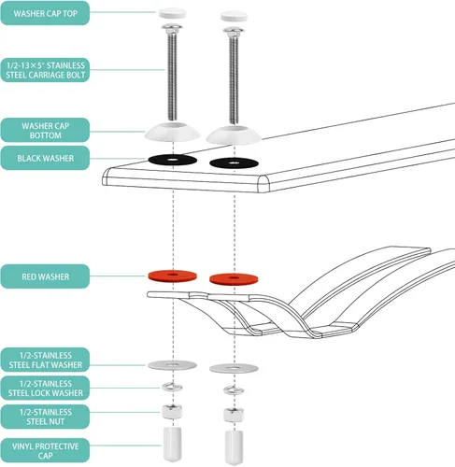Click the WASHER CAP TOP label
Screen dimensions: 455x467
coord(45,13)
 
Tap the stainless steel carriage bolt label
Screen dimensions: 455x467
coord(45,70)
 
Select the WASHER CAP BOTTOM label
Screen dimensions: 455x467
coord(45,131)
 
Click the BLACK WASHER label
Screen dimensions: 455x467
coord(45,158)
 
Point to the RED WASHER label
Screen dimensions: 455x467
coord(45,276)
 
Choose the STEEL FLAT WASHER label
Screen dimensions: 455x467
coord(45,360)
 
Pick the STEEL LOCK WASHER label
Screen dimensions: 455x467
coord(45,388)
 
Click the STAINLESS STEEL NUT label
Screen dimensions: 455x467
coord(45,417)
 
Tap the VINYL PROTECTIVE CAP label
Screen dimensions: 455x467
coord(45,450)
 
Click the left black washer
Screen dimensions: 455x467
coord(173,160)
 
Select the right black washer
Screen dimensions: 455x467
coord(234,163)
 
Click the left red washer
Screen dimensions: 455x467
coord(172,276)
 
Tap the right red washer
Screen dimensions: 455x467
coord(234,279)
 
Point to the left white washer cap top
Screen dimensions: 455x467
coord(173,14)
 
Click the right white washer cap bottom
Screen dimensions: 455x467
coord(234,134)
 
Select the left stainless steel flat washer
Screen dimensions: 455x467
coord(172,365)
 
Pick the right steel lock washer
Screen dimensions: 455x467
coord(234,390)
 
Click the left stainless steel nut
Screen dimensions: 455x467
coord(172,412)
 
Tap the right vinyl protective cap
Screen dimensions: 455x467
coord(235,447)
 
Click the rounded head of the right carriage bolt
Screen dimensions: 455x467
coord(234,31)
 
